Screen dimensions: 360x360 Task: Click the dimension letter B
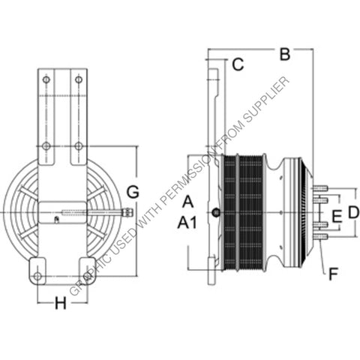(283, 54)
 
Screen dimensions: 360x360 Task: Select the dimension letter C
(237, 64)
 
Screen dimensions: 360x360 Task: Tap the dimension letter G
(132, 192)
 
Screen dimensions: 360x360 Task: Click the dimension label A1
(187, 222)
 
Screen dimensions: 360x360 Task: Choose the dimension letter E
(337, 217)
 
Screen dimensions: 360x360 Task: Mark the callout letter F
(331, 273)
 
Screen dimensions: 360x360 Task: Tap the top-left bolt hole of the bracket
(46, 79)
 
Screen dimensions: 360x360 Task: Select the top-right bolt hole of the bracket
(79, 79)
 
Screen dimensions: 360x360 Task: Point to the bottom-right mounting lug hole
(88, 277)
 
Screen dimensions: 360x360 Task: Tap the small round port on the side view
(217, 214)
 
